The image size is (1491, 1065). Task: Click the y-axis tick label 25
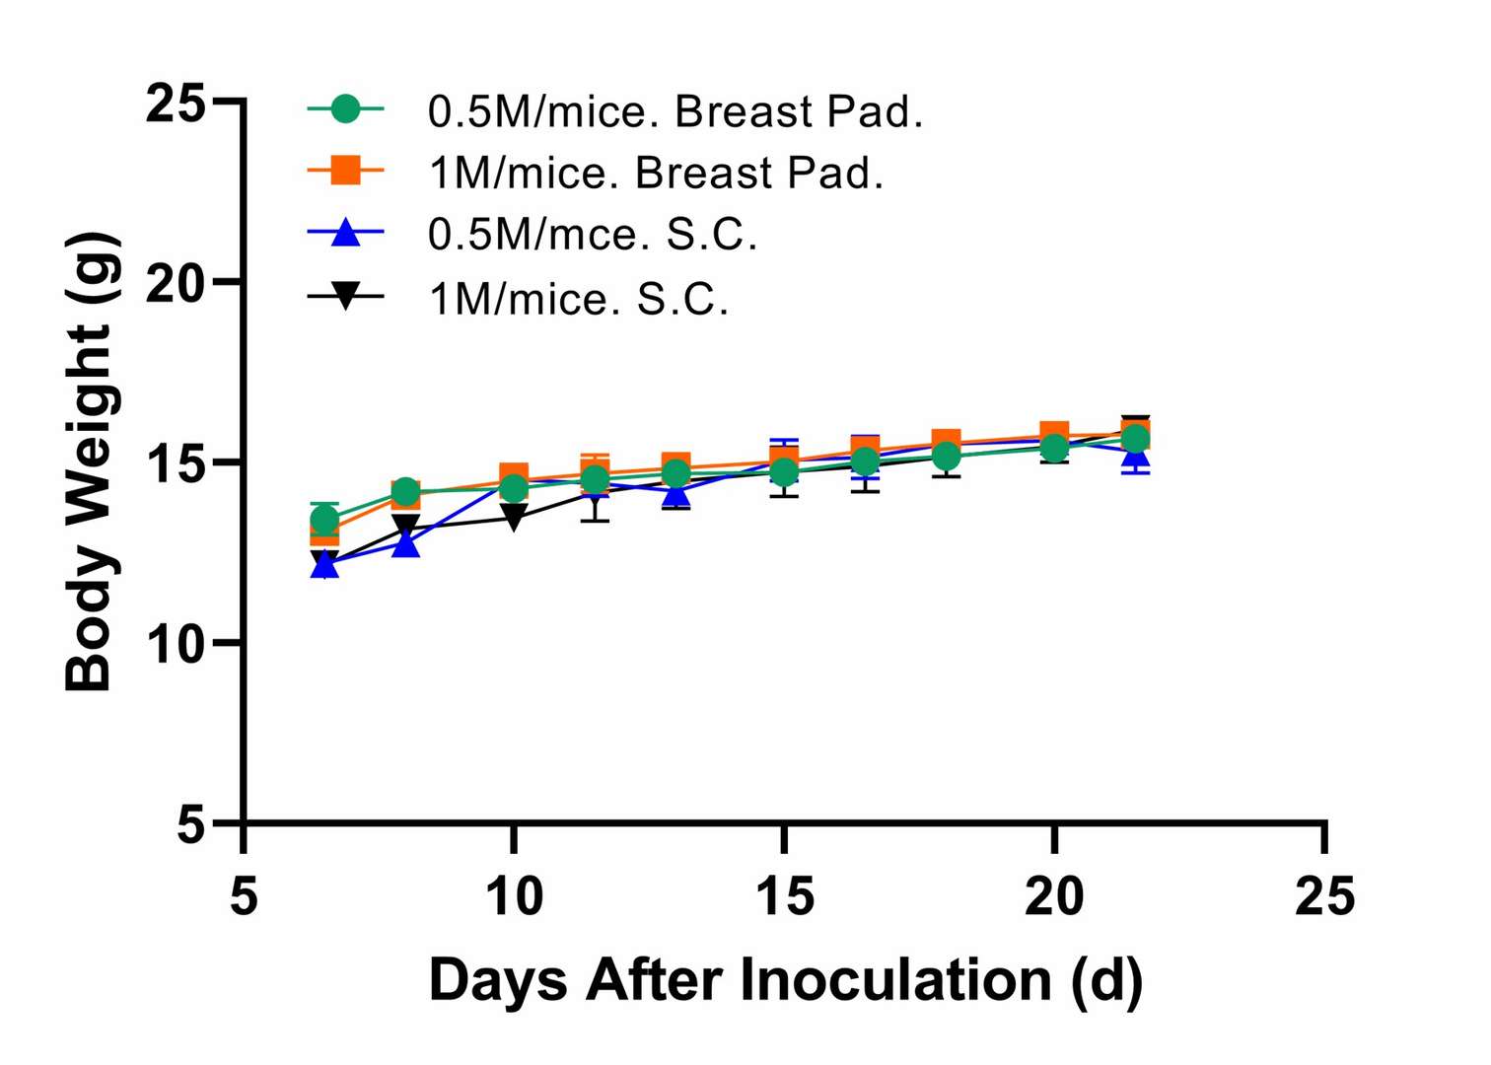click(x=176, y=103)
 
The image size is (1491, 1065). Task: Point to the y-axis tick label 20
click(x=176, y=284)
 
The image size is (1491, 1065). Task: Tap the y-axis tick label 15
click(x=176, y=463)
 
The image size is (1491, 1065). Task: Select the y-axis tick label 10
click(x=176, y=644)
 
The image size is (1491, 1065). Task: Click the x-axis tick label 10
click(x=514, y=896)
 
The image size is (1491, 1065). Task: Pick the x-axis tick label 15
click(x=784, y=896)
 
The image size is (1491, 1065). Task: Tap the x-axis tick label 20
click(x=1054, y=896)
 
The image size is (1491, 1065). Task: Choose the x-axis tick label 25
click(x=1324, y=896)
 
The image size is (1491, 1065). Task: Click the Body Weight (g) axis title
click(x=91, y=461)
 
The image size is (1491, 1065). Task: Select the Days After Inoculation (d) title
click(x=785, y=981)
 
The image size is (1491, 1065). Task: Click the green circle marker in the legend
click(x=345, y=109)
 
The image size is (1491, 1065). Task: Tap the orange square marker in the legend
click(x=345, y=171)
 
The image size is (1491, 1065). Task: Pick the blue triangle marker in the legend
click(x=345, y=233)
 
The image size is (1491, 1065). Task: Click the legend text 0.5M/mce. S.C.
click(x=593, y=235)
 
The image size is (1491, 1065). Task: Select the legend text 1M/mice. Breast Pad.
click(x=656, y=174)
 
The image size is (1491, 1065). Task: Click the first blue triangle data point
click(x=324, y=565)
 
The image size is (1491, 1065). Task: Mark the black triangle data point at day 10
click(x=514, y=516)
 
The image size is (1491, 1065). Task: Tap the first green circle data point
click(x=325, y=519)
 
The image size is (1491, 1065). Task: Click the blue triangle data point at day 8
click(x=406, y=543)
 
